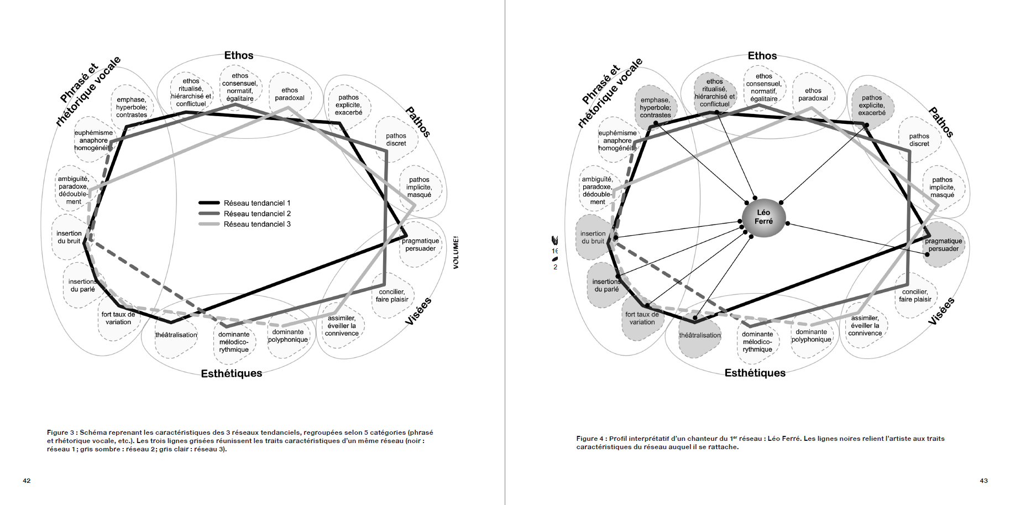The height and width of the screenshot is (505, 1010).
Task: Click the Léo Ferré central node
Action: click(x=763, y=217)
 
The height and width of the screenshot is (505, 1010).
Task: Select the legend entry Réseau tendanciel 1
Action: click(x=257, y=203)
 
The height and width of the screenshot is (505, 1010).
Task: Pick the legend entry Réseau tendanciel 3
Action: click(x=257, y=224)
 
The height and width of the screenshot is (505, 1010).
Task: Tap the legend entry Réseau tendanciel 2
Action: click(x=257, y=214)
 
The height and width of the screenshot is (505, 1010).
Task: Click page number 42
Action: click(x=27, y=481)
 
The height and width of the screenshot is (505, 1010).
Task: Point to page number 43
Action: click(x=983, y=481)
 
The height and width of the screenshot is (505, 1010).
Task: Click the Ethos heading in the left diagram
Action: click(x=238, y=55)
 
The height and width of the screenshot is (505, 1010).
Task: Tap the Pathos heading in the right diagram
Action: click(x=940, y=122)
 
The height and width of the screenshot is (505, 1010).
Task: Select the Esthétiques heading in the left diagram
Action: click(x=231, y=373)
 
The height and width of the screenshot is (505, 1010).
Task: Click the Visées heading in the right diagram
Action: click(x=941, y=311)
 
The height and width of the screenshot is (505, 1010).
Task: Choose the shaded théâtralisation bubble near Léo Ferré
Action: click(x=700, y=335)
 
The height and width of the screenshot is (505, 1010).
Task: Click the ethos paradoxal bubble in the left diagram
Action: click(x=290, y=94)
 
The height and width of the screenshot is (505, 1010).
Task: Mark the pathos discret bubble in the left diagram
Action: click(x=396, y=139)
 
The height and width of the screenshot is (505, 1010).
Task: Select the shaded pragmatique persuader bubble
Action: click(x=943, y=245)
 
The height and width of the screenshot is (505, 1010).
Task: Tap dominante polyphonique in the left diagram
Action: click(x=287, y=336)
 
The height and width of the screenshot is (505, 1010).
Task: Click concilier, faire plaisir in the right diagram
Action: click(x=915, y=295)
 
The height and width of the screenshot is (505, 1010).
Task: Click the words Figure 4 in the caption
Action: click(x=590, y=439)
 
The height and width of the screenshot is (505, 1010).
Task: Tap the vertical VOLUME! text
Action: click(x=456, y=253)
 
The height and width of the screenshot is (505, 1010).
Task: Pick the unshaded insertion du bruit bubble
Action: click(x=69, y=237)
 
